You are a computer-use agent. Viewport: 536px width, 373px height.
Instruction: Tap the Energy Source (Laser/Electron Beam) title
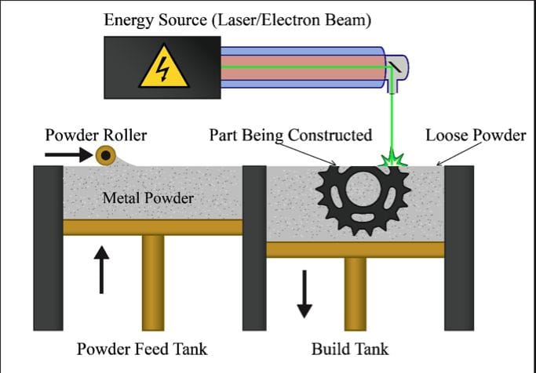pyautogui.click(x=238, y=20)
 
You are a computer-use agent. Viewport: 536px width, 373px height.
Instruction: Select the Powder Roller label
pyautogui.click(x=96, y=135)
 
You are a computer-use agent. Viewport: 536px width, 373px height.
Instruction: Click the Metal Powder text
pyautogui.click(x=148, y=198)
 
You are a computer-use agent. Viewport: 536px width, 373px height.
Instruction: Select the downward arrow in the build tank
pyautogui.click(x=304, y=291)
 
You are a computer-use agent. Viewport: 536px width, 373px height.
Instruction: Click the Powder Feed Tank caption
pyautogui.click(x=142, y=349)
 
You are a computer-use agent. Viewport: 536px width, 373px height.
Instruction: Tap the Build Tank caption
pyautogui.click(x=349, y=349)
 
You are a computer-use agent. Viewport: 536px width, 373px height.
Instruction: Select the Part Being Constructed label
pyautogui.click(x=290, y=135)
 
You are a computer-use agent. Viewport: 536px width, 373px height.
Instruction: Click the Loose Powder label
pyautogui.click(x=476, y=135)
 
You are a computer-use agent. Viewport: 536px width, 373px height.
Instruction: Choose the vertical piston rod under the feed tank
pyautogui.click(x=153, y=282)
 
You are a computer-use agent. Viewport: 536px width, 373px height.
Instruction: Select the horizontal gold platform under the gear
pyautogui.click(x=356, y=249)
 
